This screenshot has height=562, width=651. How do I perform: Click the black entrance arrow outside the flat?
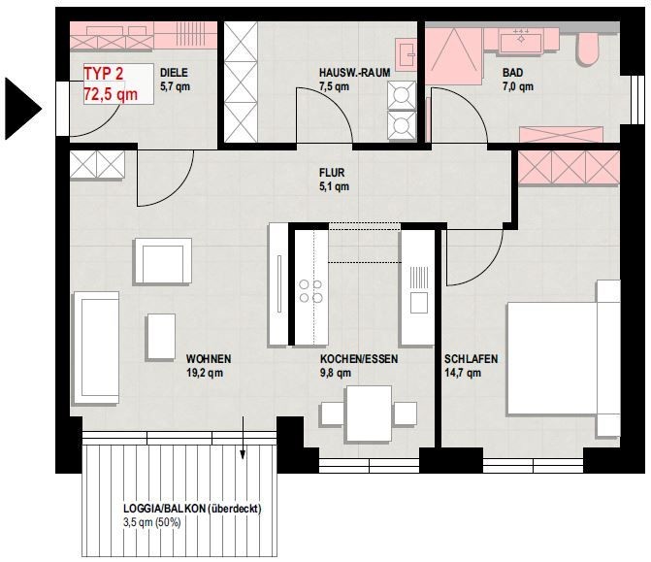(x=20, y=109)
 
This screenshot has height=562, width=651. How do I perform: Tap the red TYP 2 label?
(x=104, y=74)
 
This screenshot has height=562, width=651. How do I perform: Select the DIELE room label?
(x=174, y=73)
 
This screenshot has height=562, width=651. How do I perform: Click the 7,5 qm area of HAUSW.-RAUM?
(x=334, y=86)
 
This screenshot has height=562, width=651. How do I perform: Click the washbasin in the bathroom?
(x=521, y=43)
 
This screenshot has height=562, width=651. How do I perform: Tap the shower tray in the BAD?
(x=454, y=56)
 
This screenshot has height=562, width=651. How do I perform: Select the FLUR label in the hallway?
(x=332, y=173)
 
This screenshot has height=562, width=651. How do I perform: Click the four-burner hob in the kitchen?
(x=311, y=291)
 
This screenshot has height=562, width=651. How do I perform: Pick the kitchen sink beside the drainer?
(x=419, y=303)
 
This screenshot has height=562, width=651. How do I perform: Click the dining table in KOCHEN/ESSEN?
(x=369, y=413)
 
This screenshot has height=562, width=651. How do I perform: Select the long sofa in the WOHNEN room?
(x=97, y=348)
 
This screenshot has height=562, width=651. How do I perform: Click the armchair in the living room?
(x=163, y=261)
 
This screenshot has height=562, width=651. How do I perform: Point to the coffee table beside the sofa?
(x=161, y=337)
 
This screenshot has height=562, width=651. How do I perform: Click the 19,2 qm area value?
(x=205, y=373)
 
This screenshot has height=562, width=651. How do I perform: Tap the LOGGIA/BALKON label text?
(x=192, y=509)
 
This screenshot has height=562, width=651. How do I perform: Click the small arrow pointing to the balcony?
(x=243, y=438)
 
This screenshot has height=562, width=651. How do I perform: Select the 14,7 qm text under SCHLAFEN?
(x=463, y=373)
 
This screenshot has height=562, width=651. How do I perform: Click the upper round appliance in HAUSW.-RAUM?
(x=401, y=95)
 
